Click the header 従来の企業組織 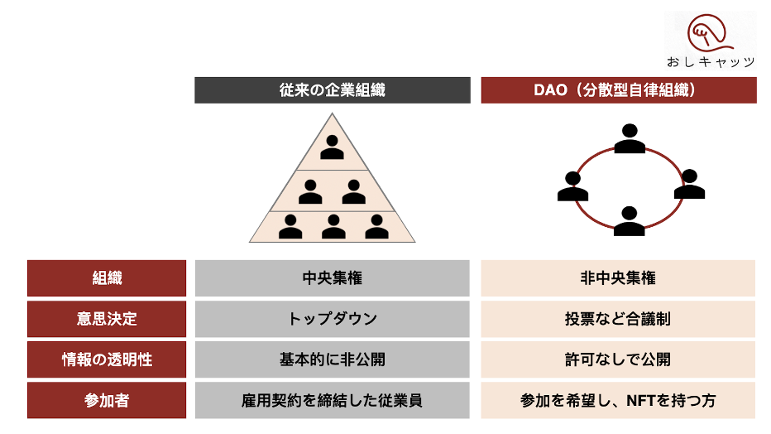click(332, 90)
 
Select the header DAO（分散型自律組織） click(618, 90)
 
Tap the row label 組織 click(107, 278)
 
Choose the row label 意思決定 click(107, 319)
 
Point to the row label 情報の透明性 click(107, 359)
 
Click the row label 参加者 click(107, 400)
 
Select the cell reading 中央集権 click(332, 278)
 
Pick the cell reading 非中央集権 click(618, 278)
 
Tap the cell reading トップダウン click(332, 319)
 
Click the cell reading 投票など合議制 click(618, 319)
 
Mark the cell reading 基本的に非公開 click(332, 359)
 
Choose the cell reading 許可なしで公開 click(618, 359)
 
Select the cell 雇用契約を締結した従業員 click(332, 400)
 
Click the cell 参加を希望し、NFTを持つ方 click(618, 400)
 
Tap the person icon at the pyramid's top click(332, 147)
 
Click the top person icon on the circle click(630, 138)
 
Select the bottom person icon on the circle click(630, 221)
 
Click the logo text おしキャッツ click(711, 62)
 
